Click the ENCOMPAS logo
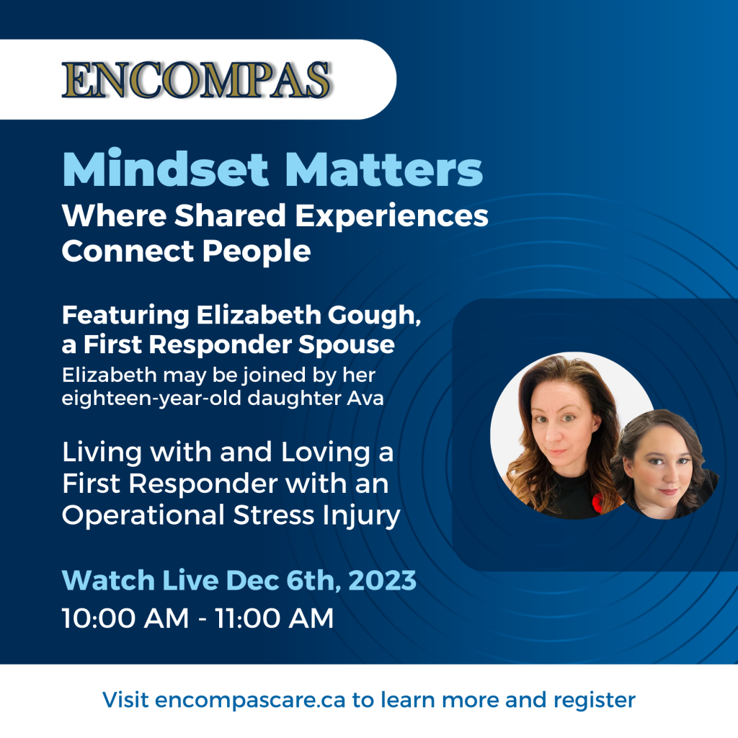[x=196, y=80]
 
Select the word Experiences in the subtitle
[x=389, y=215]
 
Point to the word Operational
[x=139, y=516]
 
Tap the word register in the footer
[x=594, y=700]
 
